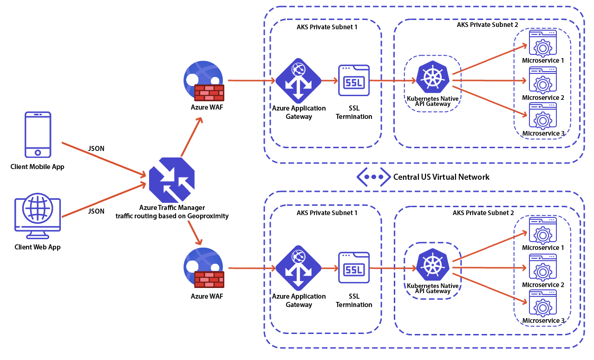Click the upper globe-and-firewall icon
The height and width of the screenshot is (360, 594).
(203, 80)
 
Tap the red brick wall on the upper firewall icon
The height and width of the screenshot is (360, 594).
(209, 93)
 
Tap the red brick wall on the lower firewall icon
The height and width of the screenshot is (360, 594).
(209, 280)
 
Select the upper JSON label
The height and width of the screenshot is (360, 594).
(96, 149)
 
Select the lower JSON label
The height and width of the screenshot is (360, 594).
(96, 211)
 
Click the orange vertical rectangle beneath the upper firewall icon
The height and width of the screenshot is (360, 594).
(192, 136)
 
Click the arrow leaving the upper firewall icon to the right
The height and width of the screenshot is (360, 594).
(251, 80)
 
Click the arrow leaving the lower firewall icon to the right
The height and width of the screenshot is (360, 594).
(253, 268)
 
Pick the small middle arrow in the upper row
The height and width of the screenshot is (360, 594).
(329, 80)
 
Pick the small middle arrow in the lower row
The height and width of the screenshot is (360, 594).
(329, 268)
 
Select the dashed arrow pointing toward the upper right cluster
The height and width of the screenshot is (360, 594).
(392, 80)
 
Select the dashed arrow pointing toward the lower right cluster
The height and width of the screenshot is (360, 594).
(392, 268)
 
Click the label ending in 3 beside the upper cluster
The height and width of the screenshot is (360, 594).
(543, 133)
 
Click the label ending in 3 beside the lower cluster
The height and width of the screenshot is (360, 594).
(543, 321)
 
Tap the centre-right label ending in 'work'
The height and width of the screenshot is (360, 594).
(441, 177)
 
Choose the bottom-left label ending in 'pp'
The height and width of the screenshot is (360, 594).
(37, 247)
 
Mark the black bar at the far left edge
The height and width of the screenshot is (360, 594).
(36, 167)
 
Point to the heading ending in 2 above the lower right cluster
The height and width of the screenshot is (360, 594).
(483, 213)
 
